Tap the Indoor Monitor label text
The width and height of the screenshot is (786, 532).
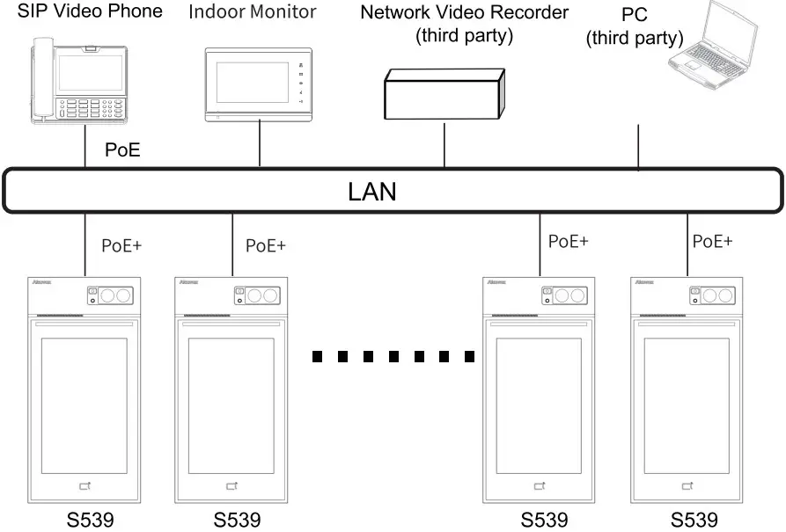253,13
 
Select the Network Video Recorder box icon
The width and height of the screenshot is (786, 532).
443,92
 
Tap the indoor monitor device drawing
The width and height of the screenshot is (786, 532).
259,85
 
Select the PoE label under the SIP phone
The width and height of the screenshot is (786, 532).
122,150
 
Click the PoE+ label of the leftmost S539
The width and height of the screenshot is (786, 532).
121,245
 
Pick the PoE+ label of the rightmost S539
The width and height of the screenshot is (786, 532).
712,241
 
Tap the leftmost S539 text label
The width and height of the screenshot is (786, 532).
91,520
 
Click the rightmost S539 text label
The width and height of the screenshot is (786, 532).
694,520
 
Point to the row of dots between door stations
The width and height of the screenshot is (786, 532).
393,357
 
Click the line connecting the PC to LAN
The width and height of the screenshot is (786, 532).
637,144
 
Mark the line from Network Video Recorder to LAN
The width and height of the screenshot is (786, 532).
445,142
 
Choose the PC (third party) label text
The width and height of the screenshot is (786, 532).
635,27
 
